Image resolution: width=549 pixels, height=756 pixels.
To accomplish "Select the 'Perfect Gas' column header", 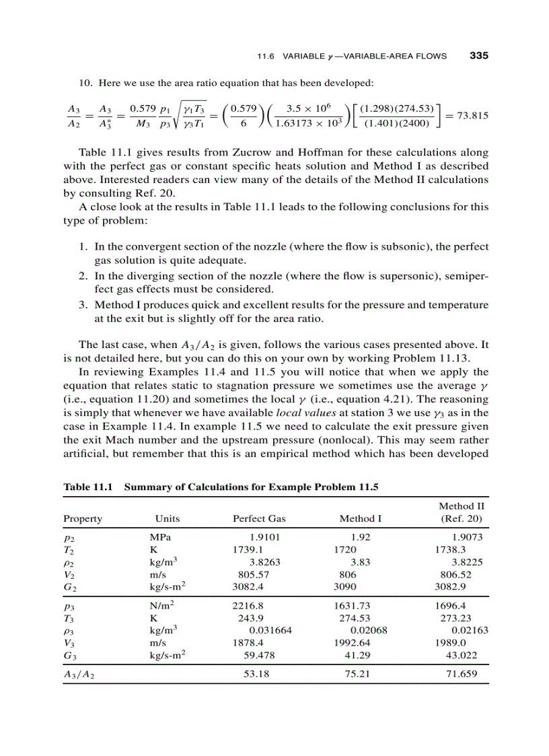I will [x=259, y=519].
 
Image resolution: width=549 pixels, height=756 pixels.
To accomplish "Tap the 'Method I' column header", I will [x=360, y=519].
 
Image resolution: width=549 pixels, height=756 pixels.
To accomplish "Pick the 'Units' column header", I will [x=167, y=519].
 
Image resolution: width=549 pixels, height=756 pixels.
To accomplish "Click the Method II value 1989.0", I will [x=451, y=642].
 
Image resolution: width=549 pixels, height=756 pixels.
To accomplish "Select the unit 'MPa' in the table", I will [x=160, y=537].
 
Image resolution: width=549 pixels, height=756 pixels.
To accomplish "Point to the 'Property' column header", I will [x=83, y=519].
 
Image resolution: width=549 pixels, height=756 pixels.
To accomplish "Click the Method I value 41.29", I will [x=358, y=654].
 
